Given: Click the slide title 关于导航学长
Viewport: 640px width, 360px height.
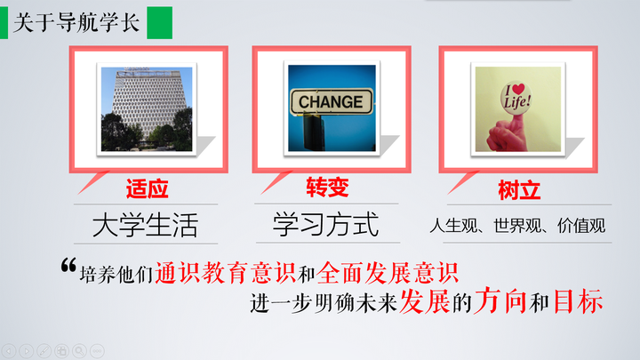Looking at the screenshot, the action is (x=76, y=22).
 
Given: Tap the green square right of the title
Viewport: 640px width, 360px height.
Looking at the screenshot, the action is (x=160, y=23).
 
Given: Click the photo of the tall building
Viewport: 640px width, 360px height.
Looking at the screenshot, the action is (x=147, y=109).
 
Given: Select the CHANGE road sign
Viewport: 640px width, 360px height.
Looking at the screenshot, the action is (x=332, y=101).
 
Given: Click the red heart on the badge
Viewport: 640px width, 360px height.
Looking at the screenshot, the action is (x=518, y=89).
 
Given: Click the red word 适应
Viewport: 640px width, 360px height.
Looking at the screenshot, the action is (x=147, y=188).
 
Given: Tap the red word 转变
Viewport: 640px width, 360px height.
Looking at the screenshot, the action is (x=327, y=188).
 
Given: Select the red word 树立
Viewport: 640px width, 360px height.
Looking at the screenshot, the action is (x=519, y=190).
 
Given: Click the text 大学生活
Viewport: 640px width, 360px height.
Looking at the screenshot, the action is (x=145, y=225).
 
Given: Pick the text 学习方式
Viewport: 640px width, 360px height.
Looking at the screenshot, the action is (x=325, y=224).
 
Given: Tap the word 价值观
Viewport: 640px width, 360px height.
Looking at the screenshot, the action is (x=581, y=225).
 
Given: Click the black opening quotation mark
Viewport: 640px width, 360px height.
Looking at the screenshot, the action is (x=68, y=265).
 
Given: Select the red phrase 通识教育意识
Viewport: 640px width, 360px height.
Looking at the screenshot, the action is (x=225, y=273).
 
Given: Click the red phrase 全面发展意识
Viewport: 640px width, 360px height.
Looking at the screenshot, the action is (x=388, y=273).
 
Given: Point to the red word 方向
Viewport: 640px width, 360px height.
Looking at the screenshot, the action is (x=500, y=300).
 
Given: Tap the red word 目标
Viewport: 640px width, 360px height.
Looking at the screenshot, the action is (x=578, y=301).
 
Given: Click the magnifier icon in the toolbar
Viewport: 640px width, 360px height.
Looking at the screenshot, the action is (x=79, y=350).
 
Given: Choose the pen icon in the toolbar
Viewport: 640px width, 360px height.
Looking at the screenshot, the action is (x=44, y=350).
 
